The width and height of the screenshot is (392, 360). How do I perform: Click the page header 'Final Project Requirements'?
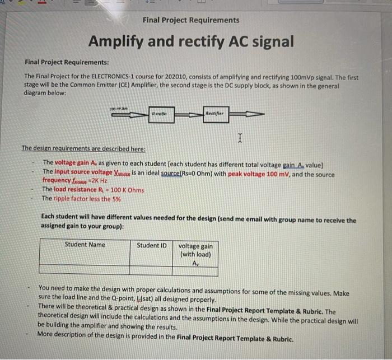pos(190,20)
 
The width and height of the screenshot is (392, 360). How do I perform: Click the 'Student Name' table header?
pos(85,245)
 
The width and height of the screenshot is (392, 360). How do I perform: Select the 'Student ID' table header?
pos(151,245)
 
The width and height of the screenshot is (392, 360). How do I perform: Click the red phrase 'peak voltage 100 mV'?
pos(261,174)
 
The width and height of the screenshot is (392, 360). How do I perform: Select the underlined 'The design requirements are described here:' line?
pos(83,148)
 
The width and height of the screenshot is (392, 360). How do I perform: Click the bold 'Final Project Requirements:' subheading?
pos(67,62)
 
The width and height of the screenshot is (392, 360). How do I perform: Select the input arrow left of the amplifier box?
pos(125,114)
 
